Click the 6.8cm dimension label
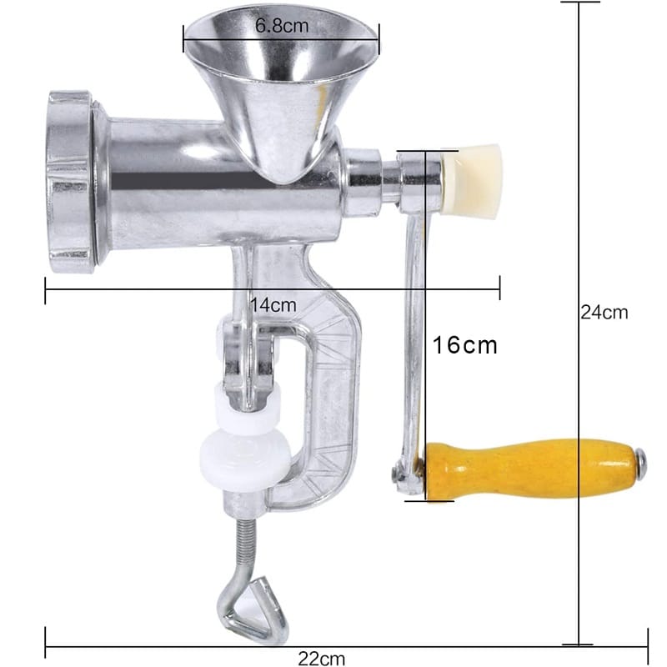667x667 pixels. pyautogui.click(x=282, y=26)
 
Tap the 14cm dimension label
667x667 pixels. pyautogui.click(x=273, y=304)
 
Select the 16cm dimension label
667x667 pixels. pyautogui.click(x=465, y=344)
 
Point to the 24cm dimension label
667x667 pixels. pyautogui.click(x=604, y=312)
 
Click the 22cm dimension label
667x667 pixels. pyautogui.click(x=321, y=659)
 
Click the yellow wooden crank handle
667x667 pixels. pyautogui.click(x=532, y=469)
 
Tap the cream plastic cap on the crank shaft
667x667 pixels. pyautogui.click(x=472, y=180)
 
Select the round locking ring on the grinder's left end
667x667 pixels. pyautogui.click(x=70, y=182)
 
